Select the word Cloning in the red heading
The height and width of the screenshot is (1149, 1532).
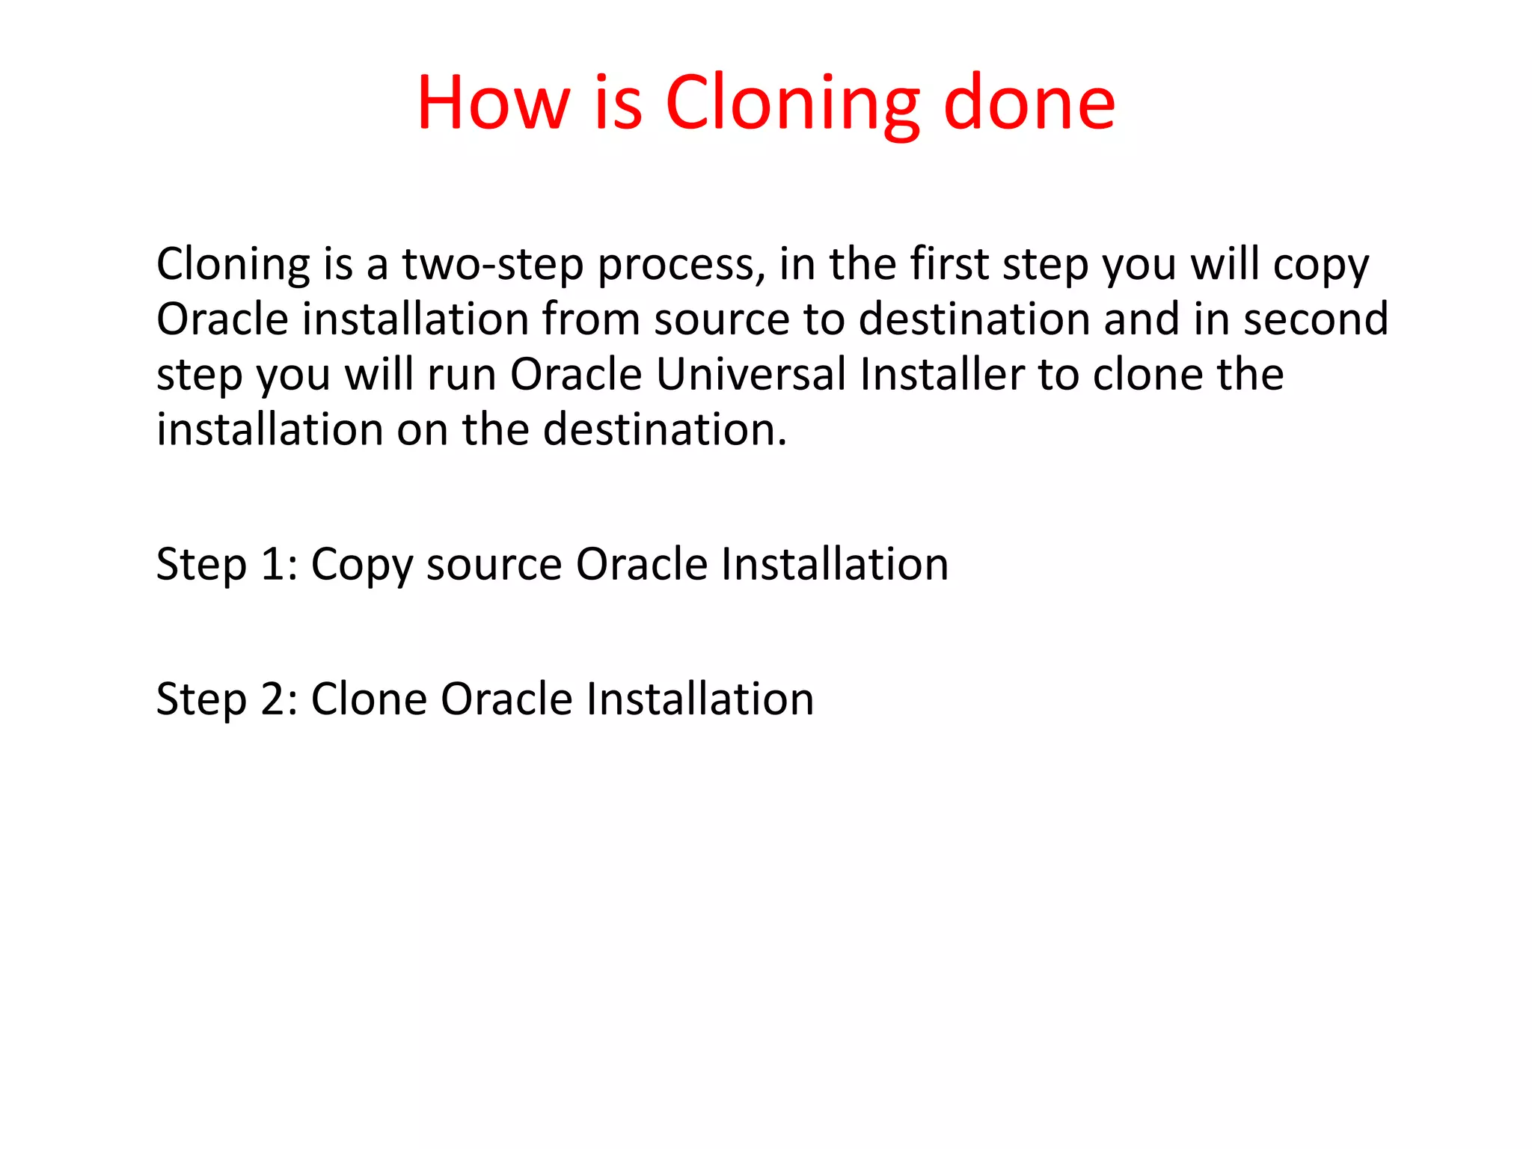tap(792, 105)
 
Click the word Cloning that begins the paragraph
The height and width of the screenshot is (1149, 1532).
tap(233, 265)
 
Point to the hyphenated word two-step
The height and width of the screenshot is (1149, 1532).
tap(492, 266)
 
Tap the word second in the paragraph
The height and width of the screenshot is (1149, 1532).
tap(1316, 319)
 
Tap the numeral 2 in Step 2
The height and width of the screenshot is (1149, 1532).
tap(274, 699)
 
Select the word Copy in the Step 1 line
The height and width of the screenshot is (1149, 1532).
tap(361, 566)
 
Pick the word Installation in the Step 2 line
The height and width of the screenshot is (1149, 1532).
tap(700, 699)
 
